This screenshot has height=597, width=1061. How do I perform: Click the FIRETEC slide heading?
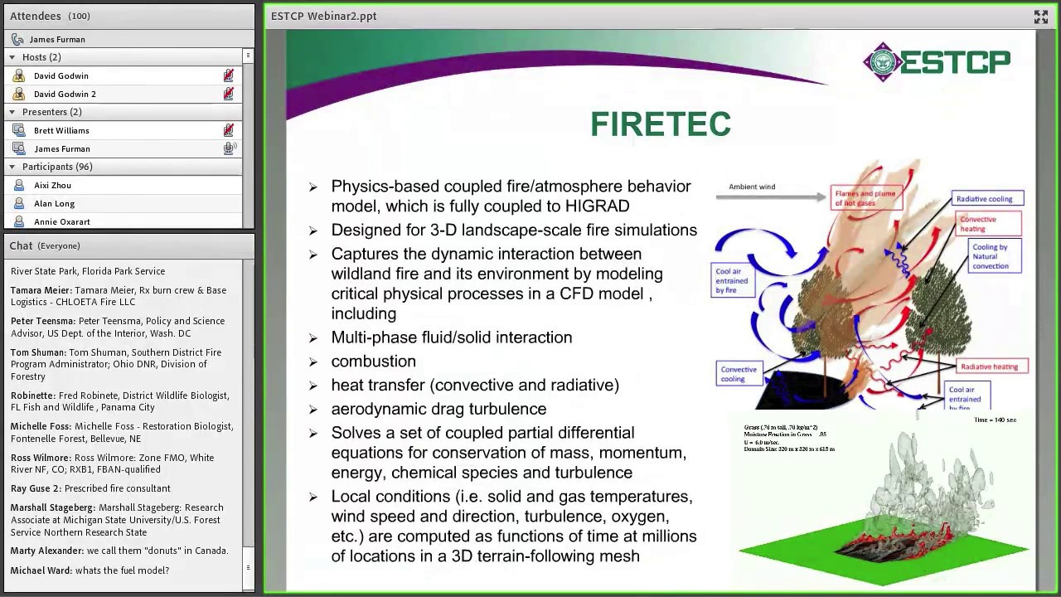pos(661,124)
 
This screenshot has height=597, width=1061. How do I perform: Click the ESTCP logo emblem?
pos(881,62)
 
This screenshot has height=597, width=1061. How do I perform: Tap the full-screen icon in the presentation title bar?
pos(1040,17)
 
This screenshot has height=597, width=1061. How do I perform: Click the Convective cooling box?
pos(739,374)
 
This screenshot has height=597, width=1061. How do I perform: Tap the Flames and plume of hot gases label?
pos(865,198)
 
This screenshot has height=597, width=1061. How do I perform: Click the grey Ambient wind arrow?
pos(771,197)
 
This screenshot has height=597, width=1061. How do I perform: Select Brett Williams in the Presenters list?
pos(61,130)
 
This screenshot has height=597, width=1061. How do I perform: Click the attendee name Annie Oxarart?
pos(61,221)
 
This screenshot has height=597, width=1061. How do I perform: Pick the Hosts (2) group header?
pos(41,57)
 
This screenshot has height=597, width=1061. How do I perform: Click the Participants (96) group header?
pos(57,167)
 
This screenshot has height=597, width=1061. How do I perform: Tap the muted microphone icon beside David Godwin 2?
pos(228,94)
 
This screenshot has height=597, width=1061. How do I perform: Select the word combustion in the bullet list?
pos(373,361)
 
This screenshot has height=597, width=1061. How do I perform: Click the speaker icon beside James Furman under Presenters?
pos(229,148)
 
